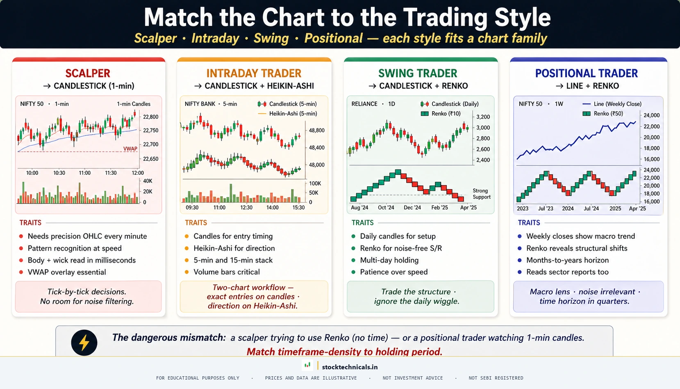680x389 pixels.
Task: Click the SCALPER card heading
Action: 88,73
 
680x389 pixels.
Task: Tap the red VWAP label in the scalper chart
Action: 130,149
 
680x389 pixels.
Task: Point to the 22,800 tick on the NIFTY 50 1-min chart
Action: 150,117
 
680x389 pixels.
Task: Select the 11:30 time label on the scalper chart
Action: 111,173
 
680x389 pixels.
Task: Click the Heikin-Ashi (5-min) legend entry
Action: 293,114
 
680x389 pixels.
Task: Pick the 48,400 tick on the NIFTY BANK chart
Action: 316,148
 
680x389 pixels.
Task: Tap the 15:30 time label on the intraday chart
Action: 298,208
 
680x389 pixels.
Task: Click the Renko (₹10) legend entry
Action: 446,114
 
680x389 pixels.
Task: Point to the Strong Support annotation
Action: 481,194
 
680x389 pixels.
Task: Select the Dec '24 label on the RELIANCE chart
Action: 412,208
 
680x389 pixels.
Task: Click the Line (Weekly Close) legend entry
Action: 617,104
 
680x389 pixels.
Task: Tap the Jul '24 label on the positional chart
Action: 591,208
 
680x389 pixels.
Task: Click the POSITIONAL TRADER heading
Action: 586,73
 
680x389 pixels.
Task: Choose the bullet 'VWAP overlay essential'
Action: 66,272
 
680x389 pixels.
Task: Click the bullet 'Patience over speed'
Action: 393,272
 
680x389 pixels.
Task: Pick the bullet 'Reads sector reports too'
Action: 567,272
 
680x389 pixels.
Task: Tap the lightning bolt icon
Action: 84,343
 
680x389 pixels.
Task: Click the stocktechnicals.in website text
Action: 350,367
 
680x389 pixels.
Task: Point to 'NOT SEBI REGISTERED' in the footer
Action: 496,378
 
